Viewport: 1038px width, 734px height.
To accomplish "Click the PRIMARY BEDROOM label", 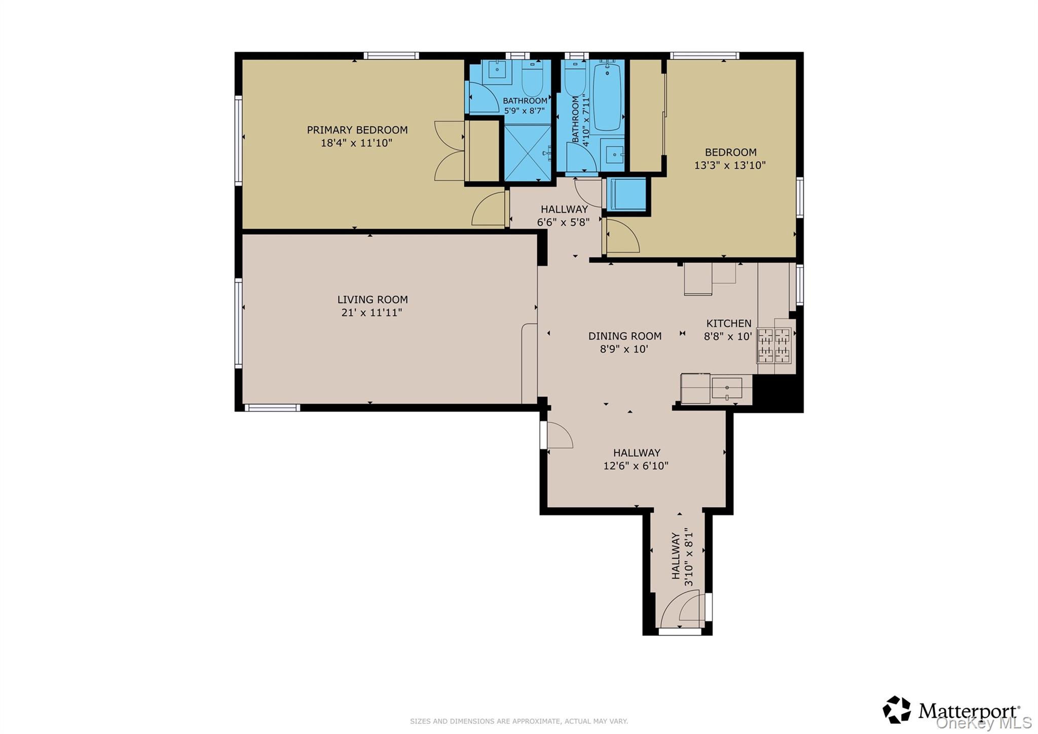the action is tap(357, 130).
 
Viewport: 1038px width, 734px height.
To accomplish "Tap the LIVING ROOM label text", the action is tap(373, 300).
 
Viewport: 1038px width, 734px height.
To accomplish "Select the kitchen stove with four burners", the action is tap(773, 345).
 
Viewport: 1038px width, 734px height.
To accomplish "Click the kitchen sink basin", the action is tap(727, 388).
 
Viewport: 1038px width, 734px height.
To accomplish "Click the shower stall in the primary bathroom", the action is tap(527, 153).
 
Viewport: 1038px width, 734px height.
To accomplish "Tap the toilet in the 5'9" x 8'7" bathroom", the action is tap(532, 79).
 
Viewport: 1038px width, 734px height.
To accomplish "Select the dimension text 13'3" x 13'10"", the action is tap(729, 165).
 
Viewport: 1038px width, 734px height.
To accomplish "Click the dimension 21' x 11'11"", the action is tap(372, 312).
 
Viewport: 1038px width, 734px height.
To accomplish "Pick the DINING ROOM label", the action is tap(624, 336).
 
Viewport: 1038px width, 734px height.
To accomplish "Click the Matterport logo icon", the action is tap(897, 710).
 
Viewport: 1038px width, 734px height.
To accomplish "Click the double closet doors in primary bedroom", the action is tap(450, 151).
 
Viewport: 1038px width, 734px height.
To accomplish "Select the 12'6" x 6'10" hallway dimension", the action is tap(636, 466).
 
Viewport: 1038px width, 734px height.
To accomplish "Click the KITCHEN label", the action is tap(729, 323).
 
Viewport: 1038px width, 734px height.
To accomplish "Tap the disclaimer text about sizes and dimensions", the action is tap(519, 721).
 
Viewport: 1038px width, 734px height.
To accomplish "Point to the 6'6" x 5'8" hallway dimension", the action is tap(563, 222).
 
